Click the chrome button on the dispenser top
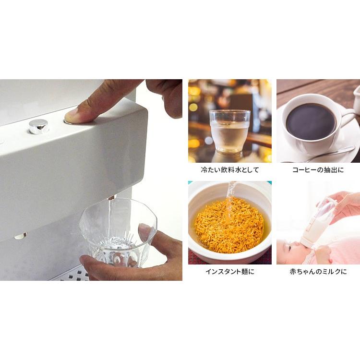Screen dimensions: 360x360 click(x=39, y=126)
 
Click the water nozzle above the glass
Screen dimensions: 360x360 click(x=111, y=197)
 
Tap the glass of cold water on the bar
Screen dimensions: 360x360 click(x=230, y=131)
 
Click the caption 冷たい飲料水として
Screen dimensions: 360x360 click(x=230, y=170)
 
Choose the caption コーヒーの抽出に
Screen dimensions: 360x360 click(x=318, y=170)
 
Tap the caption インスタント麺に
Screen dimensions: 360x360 click(x=230, y=272)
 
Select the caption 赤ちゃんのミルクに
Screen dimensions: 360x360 click(x=318, y=272)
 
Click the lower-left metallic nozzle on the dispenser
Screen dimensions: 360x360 click(x=21, y=236)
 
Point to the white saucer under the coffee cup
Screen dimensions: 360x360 click(x=322, y=147)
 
